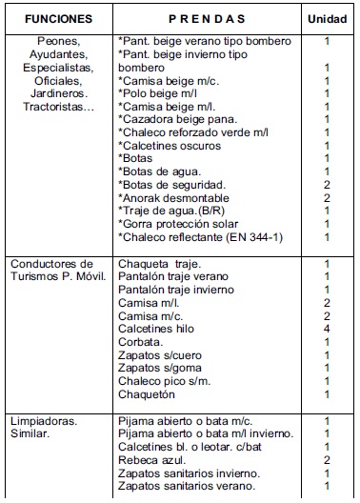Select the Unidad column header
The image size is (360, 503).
(326, 18)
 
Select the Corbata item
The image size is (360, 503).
(141, 341)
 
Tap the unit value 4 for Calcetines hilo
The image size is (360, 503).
(326, 328)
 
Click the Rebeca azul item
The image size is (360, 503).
(150, 459)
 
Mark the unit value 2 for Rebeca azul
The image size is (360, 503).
(326, 459)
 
